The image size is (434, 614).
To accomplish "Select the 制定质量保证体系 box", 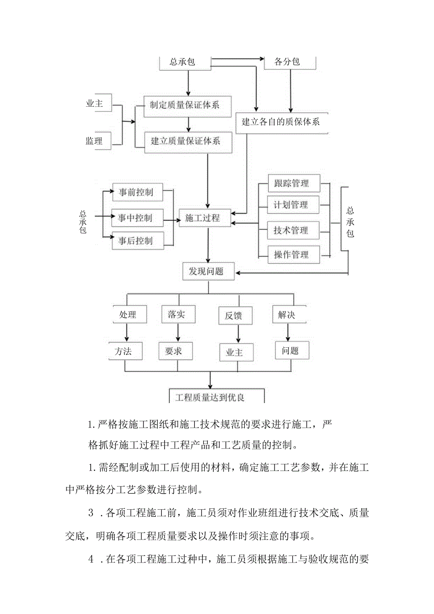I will (188, 105).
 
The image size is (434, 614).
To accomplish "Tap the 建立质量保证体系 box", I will (188, 141).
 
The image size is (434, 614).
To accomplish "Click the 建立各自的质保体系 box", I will (281, 122).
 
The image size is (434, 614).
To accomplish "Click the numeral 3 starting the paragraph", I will (92, 513).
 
